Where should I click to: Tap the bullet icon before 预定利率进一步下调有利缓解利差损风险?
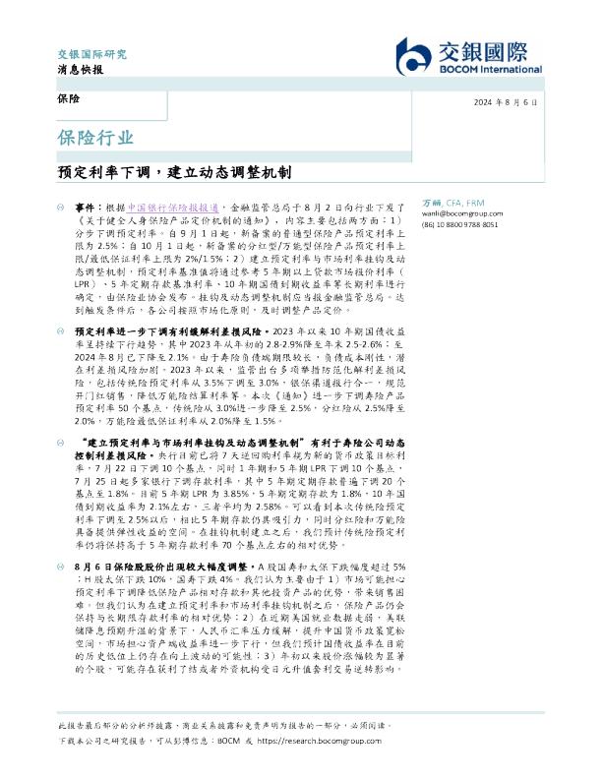pyautogui.click(x=61, y=332)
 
